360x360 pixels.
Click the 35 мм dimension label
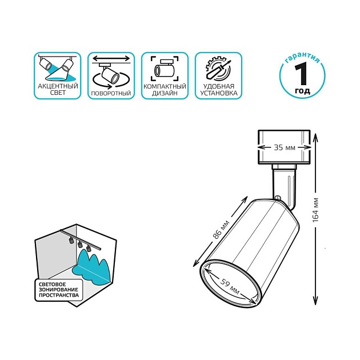(x=285, y=147)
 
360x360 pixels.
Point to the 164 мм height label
(x=315, y=210)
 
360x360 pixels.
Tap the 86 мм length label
(x=221, y=229)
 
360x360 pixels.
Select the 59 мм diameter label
(x=230, y=286)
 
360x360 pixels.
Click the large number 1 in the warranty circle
(x=301, y=74)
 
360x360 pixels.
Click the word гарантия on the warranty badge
(x=302, y=57)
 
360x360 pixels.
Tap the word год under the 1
(x=303, y=91)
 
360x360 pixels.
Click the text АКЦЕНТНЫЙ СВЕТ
(x=58, y=89)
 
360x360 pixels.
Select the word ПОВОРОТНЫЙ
(x=111, y=93)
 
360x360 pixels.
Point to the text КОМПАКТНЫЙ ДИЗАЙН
(x=165, y=90)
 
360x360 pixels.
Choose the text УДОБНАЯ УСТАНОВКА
(x=218, y=90)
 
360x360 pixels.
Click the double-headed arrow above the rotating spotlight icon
(x=111, y=58)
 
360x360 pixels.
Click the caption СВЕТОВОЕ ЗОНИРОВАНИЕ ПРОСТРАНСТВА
(x=58, y=290)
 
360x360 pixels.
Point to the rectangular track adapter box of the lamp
(x=284, y=147)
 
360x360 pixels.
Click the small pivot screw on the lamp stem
(x=278, y=198)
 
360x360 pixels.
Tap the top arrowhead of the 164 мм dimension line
(x=315, y=137)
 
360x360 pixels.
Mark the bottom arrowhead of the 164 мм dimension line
(x=315, y=302)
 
